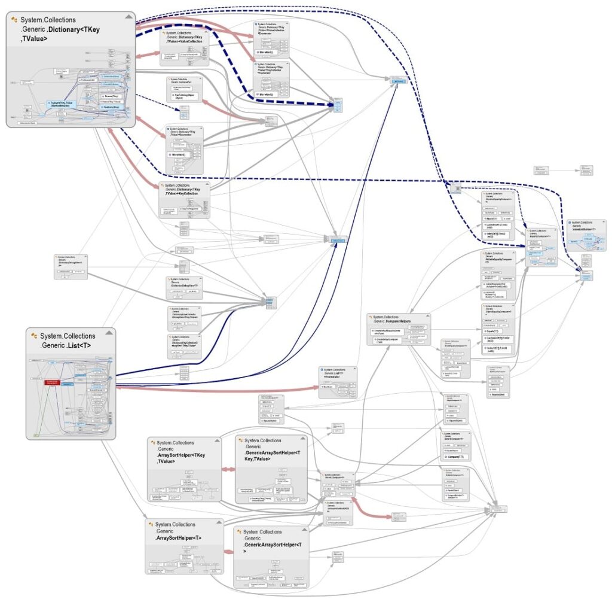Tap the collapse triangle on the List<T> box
[109, 333]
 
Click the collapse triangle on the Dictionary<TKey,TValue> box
[128, 17]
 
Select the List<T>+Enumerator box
[337, 381]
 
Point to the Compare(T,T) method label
[457, 457]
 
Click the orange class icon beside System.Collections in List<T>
[34, 336]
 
